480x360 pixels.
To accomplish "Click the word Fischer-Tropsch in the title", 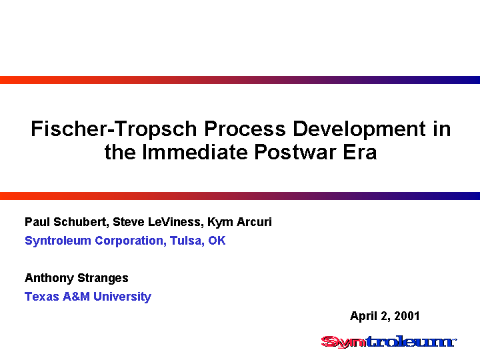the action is tap(113, 129).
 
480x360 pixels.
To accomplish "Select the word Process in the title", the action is tap(245, 129).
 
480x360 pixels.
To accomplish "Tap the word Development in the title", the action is tap(359, 129).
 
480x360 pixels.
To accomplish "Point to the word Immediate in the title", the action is tap(195, 152).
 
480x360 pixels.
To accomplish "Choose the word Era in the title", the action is tap(360, 152).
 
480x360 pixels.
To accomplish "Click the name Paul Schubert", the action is tap(65, 222).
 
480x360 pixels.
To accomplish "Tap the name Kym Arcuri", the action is tap(240, 222).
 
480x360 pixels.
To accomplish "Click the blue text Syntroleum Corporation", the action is tap(95, 241).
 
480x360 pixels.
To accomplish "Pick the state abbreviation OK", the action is tap(217, 241).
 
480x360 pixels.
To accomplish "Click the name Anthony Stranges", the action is tap(77, 278).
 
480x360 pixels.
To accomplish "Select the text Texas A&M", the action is tap(57, 296).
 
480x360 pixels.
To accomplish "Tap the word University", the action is tap(123, 297).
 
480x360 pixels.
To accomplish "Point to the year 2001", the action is tap(407, 316).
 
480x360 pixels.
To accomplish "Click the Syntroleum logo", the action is tap(389, 341).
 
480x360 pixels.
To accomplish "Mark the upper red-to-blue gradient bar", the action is tap(240, 80).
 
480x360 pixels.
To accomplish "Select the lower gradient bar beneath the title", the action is tap(240, 196).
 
